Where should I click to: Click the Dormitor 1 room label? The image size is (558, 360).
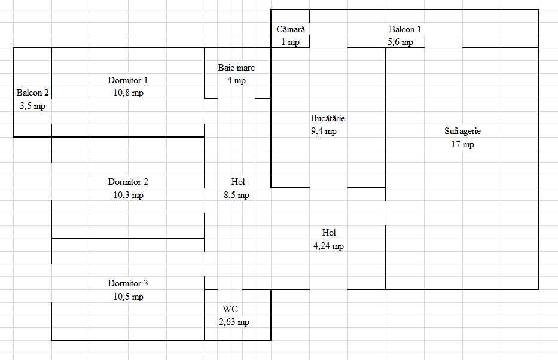[x=128, y=80]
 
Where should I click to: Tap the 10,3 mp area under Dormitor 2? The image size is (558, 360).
[x=128, y=195]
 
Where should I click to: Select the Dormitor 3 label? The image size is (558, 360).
[x=128, y=283]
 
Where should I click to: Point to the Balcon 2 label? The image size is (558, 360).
[x=32, y=93]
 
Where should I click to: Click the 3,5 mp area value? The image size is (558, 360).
[x=32, y=106]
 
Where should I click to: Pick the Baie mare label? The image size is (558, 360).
[x=236, y=68]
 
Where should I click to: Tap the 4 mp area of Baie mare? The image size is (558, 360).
[x=236, y=80]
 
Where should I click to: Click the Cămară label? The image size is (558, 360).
[x=291, y=29]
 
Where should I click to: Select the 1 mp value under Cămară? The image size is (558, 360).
[x=291, y=42]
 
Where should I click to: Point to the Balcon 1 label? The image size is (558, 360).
[x=405, y=29]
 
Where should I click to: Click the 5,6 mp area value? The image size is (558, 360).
[x=400, y=42]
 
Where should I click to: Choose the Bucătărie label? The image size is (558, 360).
[x=328, y=118]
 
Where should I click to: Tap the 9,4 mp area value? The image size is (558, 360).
[x=324, y=132]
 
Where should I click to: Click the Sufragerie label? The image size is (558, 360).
[x=463, y=131]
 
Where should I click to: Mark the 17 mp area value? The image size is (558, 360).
[x=463, y=144]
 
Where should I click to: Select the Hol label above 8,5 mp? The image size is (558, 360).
[x=238, y=182]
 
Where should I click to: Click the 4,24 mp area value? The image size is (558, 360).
[x=328, y=246]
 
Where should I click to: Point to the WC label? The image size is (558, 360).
[x=230, y=309]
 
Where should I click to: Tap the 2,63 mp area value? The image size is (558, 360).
[x=234, y=322]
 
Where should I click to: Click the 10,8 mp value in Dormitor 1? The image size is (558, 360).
[x=128, y=93]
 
